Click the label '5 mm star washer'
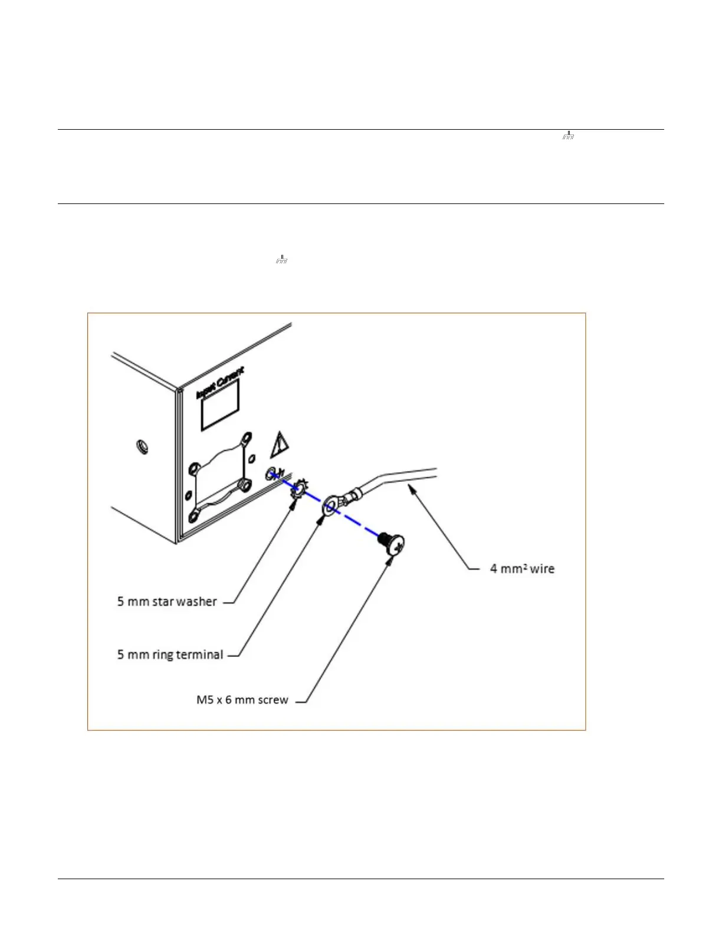pyautogui.click(x=167, y=601)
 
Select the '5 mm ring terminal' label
pyautogui.click(x=170, y=655)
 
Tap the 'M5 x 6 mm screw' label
pyautogui.click(x=242, y=700)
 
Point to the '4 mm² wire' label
pyautogui.click(x=522, y=569)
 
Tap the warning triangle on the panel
pyautogui.click(x=279, y=445)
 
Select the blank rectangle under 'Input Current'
pyautogui.click(x=220, y=404)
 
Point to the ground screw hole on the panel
pyautogui.click(x=272, y=473)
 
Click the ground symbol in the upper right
pyautogui.click(x=567, y=136)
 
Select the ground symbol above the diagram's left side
pyautogui.click(x=281, y=259)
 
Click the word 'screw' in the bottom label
pyautogui.click(x=273, y=700)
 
